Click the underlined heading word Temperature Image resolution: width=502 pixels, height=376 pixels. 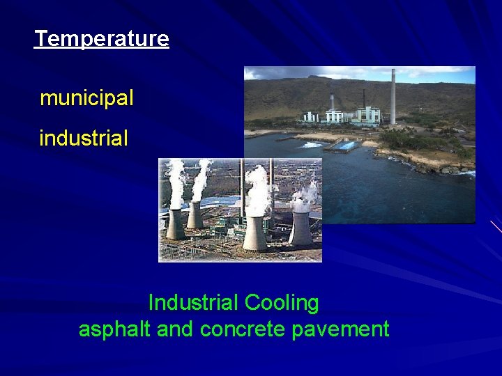tap(102, 39)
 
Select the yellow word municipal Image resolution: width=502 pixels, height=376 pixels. tap(86, 99)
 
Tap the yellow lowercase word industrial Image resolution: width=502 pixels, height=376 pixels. tap(84, 139)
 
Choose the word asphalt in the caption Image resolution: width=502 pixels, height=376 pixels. tap(115, 329)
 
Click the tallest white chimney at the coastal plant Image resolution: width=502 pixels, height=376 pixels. tap(393, 94)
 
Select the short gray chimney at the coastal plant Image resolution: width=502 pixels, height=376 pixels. tap(332, 101)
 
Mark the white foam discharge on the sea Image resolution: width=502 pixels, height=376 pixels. tap(312, 144)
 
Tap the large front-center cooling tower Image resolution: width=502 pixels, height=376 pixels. tap(255, 233)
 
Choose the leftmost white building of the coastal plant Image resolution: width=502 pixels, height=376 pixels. tap(310, 116)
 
